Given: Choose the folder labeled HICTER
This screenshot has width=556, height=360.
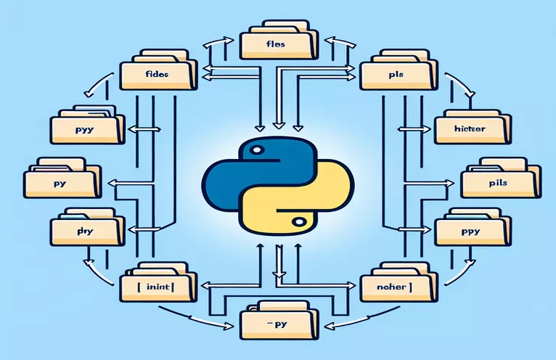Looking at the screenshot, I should click(468, 129).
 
